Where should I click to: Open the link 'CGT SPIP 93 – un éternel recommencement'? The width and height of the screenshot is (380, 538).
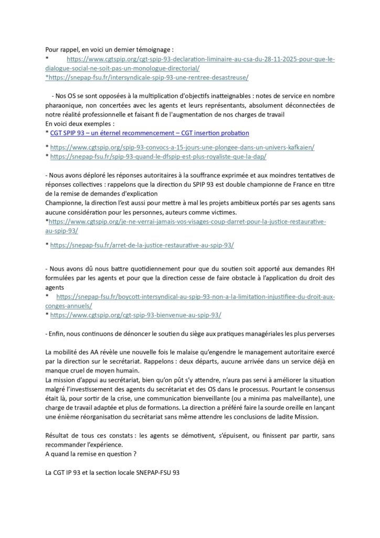[149, 133]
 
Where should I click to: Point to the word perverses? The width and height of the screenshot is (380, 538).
[319, 334]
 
